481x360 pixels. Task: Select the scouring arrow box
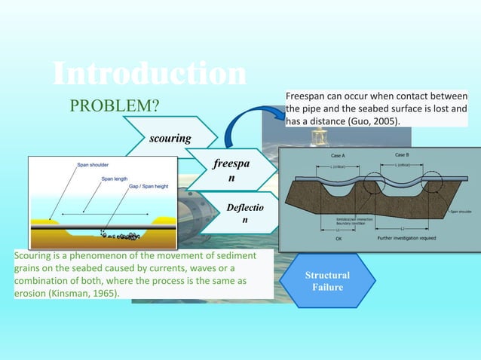(x=170, y=139)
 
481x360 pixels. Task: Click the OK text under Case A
(x=338, y=238)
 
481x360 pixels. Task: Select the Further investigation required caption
(x=407, y=238)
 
